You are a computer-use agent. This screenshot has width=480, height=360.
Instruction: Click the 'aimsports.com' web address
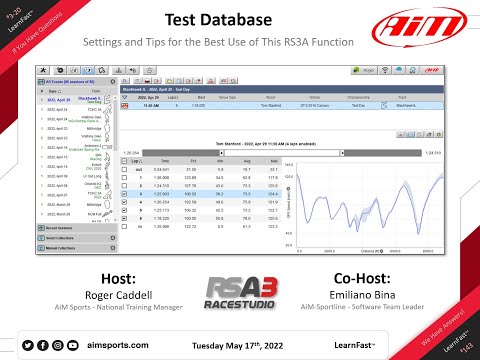[112, 344]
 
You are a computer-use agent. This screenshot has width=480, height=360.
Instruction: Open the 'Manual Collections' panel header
[61, 245]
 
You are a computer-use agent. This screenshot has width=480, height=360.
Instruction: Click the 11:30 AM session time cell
[152, 104]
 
